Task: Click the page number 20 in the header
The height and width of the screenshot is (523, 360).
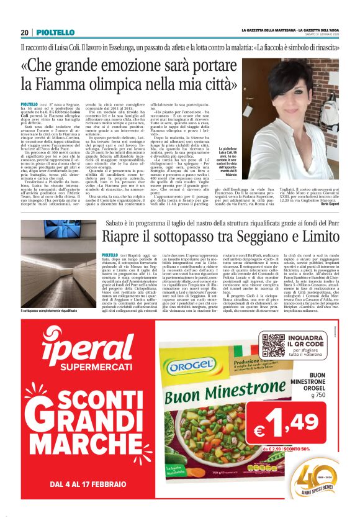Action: pos(25,33)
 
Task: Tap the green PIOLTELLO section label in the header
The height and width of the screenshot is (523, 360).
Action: pos(55,33)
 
